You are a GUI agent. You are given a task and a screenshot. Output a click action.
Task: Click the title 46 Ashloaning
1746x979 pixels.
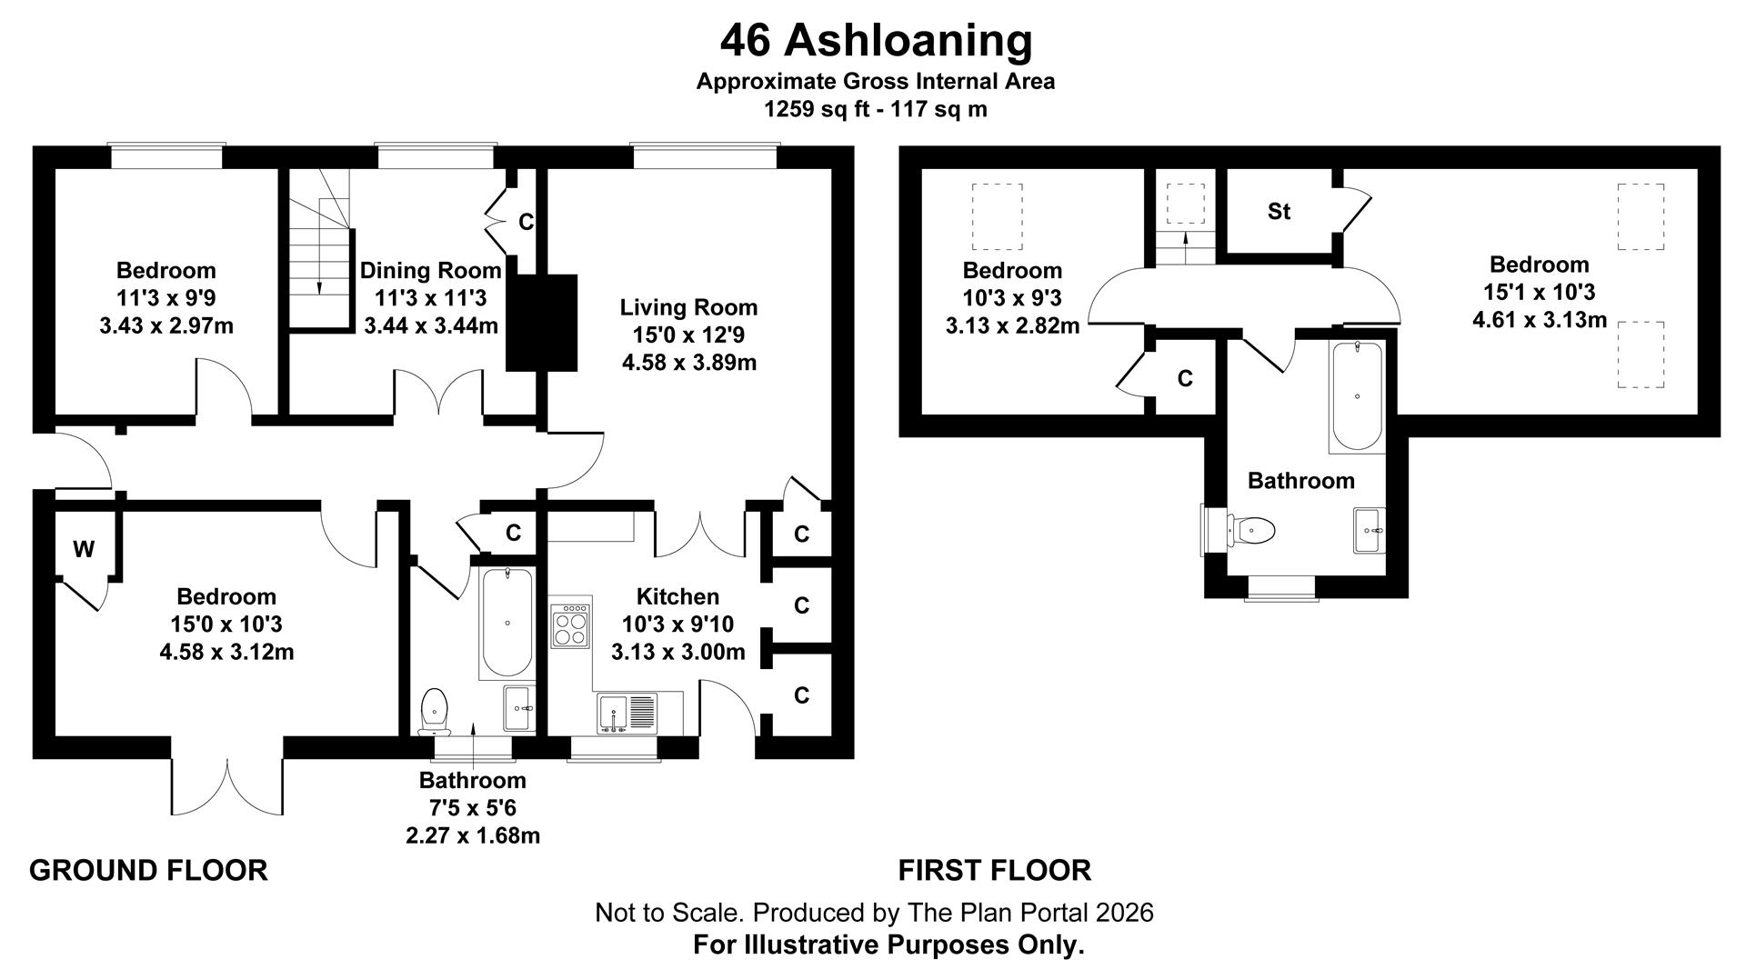click(x=876, y=41)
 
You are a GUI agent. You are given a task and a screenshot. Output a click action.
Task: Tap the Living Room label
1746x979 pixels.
click(x=688, y=307)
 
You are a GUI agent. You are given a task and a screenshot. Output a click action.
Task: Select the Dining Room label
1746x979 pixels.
click(x=430, y=270)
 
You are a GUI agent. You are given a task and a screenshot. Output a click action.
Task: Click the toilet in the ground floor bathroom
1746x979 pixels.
click(x=435, y=710)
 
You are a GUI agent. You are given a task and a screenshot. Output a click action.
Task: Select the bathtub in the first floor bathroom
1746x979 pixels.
click(x=1357, y=396)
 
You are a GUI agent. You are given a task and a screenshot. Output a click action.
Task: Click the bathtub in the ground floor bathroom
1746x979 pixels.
click(x=507, y=623)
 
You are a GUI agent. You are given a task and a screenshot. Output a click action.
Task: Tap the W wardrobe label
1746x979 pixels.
click(x=83, y=549)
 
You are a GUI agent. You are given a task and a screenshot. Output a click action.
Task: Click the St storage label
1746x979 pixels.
click(x=1279, y=212)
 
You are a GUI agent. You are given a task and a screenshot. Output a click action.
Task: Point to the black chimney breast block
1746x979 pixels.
click(x=541, y=322)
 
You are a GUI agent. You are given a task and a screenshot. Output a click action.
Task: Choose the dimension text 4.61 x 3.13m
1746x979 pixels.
click(x=1540, y=320)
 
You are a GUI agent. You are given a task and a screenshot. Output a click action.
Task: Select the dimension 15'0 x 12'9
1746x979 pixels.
click(x=688, y=335)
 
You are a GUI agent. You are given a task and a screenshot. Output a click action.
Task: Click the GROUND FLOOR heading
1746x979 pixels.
click(x=148, y=870)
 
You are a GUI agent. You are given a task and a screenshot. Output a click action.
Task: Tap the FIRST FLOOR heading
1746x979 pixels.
click(x=994, y=870)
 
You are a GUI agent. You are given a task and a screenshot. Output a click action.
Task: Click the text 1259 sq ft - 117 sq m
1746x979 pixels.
click(x=875, y=109)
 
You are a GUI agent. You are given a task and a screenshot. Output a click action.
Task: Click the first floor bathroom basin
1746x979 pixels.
click(x=1369, y=530)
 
